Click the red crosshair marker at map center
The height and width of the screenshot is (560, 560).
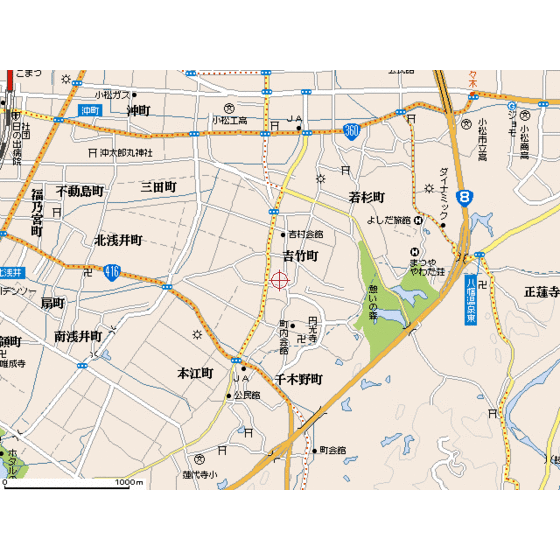click(x=280, y=280)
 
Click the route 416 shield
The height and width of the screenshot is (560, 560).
click(x=112, y=270)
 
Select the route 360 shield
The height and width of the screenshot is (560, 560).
click(x=350, y=130)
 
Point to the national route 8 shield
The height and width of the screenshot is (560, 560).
click(x=464, y=198)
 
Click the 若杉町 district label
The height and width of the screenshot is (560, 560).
click(x=367, y=197)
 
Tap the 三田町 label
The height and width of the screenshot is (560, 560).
click(x=158, y=187)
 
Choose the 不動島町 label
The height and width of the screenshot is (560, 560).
click(x=80, y=190)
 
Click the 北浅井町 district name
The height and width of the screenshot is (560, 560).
click(x=119, y=240)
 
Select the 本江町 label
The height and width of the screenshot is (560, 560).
click(x=195, y=373)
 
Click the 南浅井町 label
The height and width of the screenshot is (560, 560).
click(x=78, y=336)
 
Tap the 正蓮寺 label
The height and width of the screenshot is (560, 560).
click(x=540, y=293)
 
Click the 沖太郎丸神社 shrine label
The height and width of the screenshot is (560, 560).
click(x=126, y=153)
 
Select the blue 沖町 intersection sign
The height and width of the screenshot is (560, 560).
click(x=91, y=108)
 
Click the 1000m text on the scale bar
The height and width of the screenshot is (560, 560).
click(x=129, y=482)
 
